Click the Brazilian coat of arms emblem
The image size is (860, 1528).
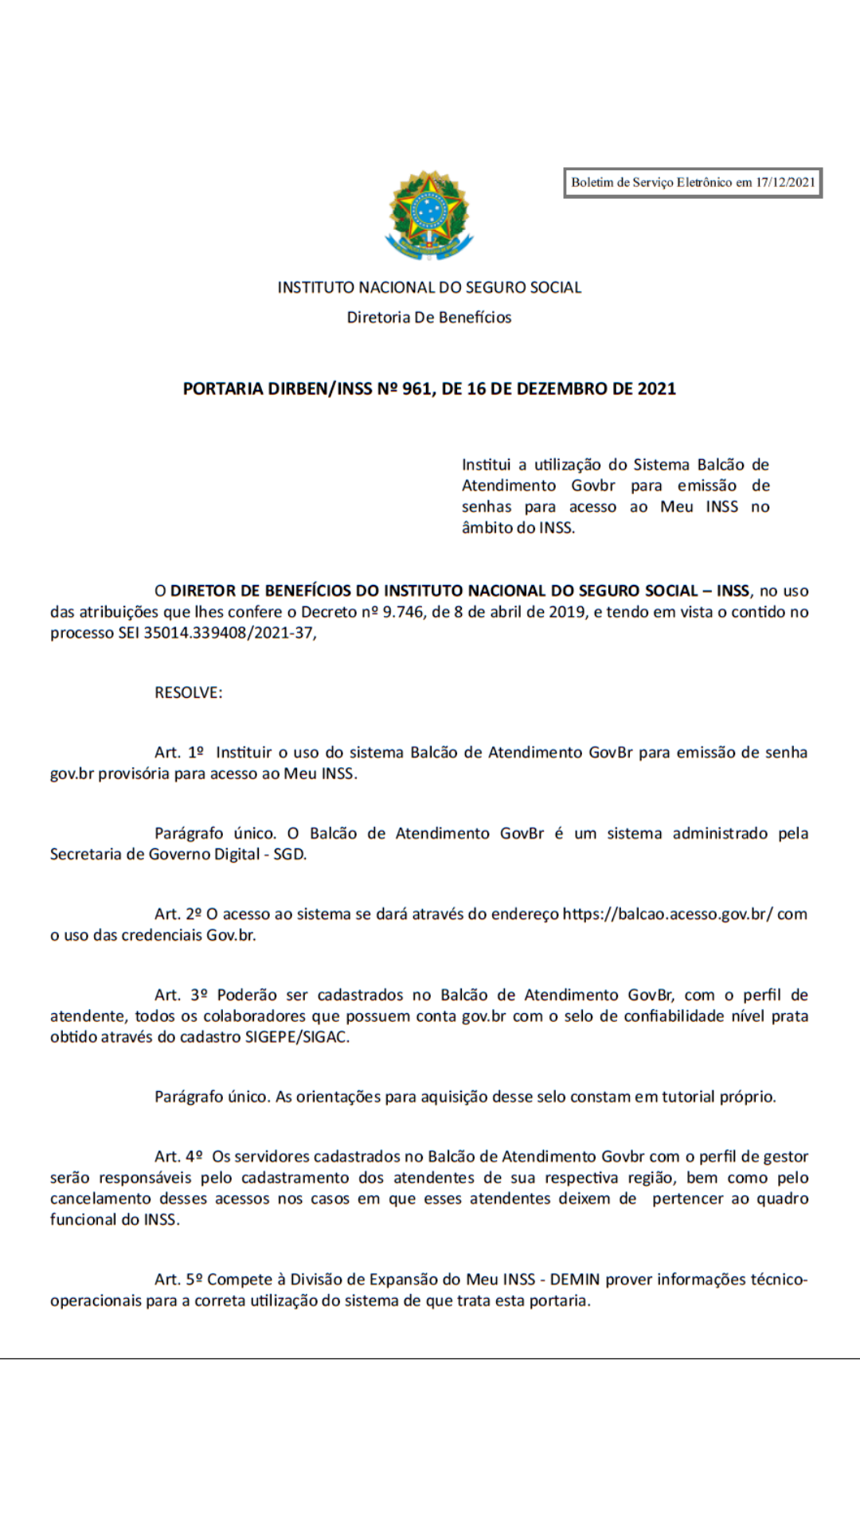point(429,214)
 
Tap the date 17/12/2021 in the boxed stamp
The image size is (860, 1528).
point(785,182)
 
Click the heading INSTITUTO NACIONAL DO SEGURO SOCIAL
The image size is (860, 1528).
point(429,287)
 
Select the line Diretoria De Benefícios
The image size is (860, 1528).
point(429,318)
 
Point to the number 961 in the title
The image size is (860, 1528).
point(416,389)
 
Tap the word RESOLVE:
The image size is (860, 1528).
point(189,693)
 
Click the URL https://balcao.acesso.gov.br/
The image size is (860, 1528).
point(667,914)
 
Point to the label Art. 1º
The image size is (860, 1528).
point(179,753)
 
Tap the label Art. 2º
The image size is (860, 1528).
point(178,914)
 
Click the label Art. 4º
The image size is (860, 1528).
point(178,1157)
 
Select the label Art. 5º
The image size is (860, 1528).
point(178,1280)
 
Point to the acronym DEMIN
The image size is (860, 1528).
point(574,1280)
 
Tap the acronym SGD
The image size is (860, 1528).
point(290,855)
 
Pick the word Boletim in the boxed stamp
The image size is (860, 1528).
point(592,182)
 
